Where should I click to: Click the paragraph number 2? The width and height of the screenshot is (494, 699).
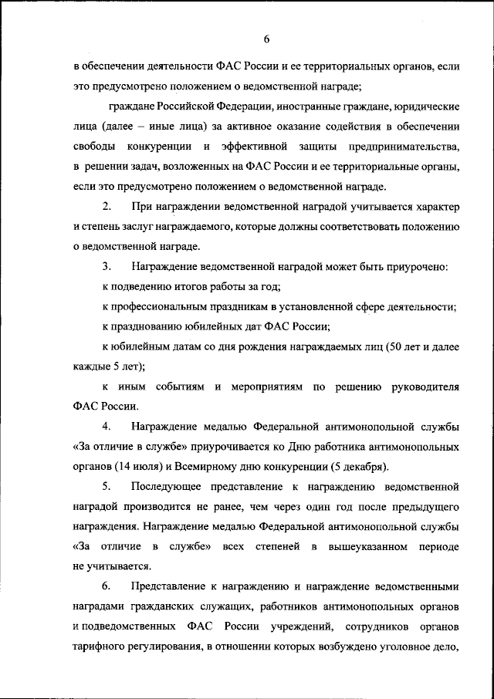pyautogui.click(x=107, y=207)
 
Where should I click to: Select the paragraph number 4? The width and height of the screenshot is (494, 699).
pyautogui.click(x=107, y=427)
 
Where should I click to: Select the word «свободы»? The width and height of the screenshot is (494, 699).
pyautogui.click(x=95, y=146)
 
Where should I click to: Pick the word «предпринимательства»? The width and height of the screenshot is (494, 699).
pyautogui.click(x=400, y=146)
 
